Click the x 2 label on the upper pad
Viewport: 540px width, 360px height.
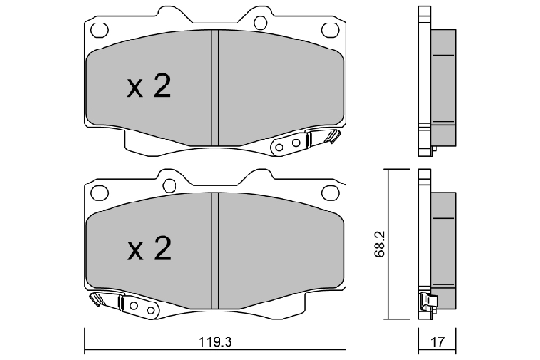pyautogui.click(x=148, y=87)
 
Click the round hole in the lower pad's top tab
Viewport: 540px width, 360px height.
pyautogui.click(x=166, y=184)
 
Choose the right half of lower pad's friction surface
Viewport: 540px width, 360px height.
pyautogui.click(x=279, y=247)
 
